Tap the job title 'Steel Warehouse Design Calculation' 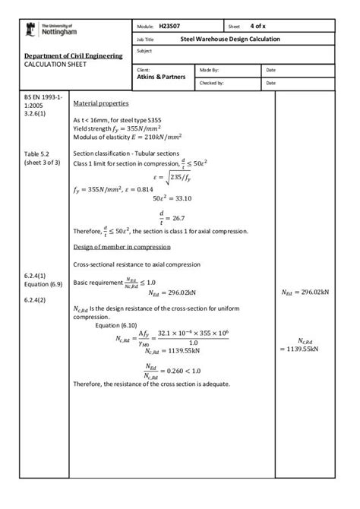click(x=229, y=39)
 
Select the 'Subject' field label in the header click(x=144, y=51)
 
